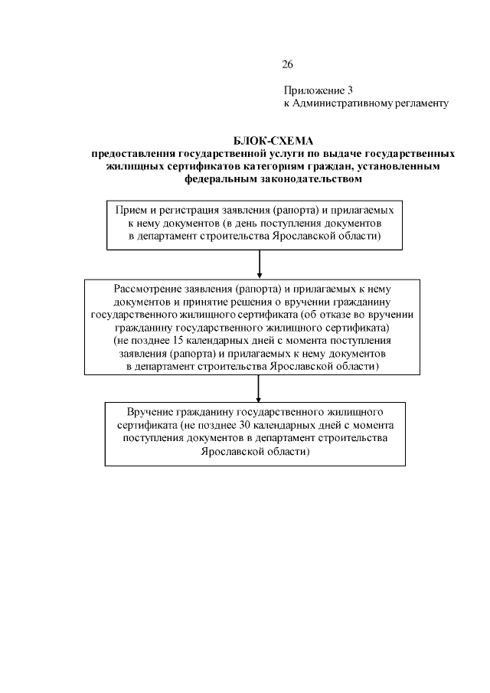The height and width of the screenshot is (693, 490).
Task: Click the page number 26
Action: coord(288,64)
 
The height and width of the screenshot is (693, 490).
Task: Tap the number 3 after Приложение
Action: coord(349,90)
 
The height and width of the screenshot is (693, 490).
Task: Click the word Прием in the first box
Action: coord(128,210)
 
